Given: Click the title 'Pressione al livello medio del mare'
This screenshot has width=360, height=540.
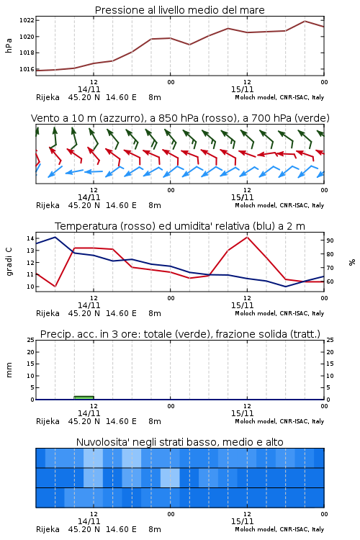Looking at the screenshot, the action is pos(179,10).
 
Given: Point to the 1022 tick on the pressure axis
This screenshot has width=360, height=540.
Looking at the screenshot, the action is pos(27,20).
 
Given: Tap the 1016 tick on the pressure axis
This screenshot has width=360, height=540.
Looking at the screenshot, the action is pos(27,69).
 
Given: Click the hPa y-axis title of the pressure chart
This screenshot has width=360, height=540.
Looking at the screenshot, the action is pos(9,45).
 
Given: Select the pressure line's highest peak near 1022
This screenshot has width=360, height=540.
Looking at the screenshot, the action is pos(305,21).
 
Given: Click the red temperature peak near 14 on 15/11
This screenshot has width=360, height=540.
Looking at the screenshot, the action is pos(247,237).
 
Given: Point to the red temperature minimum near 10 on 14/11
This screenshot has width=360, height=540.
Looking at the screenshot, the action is pos(55,286).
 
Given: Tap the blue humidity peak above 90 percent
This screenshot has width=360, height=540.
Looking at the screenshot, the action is pos(55,237).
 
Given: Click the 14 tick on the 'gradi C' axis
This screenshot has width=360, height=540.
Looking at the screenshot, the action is pos(30,238).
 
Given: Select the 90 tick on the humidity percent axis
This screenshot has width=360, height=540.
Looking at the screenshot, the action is pos(330,240).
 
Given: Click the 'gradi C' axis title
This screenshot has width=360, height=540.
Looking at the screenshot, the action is pos(9,262).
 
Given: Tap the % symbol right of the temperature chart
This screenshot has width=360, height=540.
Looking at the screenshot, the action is pos(352,262).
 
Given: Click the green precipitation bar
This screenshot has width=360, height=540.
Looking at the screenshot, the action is pos(84,397).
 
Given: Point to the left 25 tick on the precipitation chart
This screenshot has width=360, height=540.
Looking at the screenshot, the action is pos(30,340).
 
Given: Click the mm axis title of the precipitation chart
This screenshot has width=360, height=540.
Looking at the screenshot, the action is pos(9,370).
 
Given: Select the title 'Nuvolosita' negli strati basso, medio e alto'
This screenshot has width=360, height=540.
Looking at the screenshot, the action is pos(179,442).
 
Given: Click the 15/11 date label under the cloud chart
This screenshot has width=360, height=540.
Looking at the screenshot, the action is pos(242,521).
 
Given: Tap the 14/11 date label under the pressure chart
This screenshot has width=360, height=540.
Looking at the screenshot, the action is pos(89,89).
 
